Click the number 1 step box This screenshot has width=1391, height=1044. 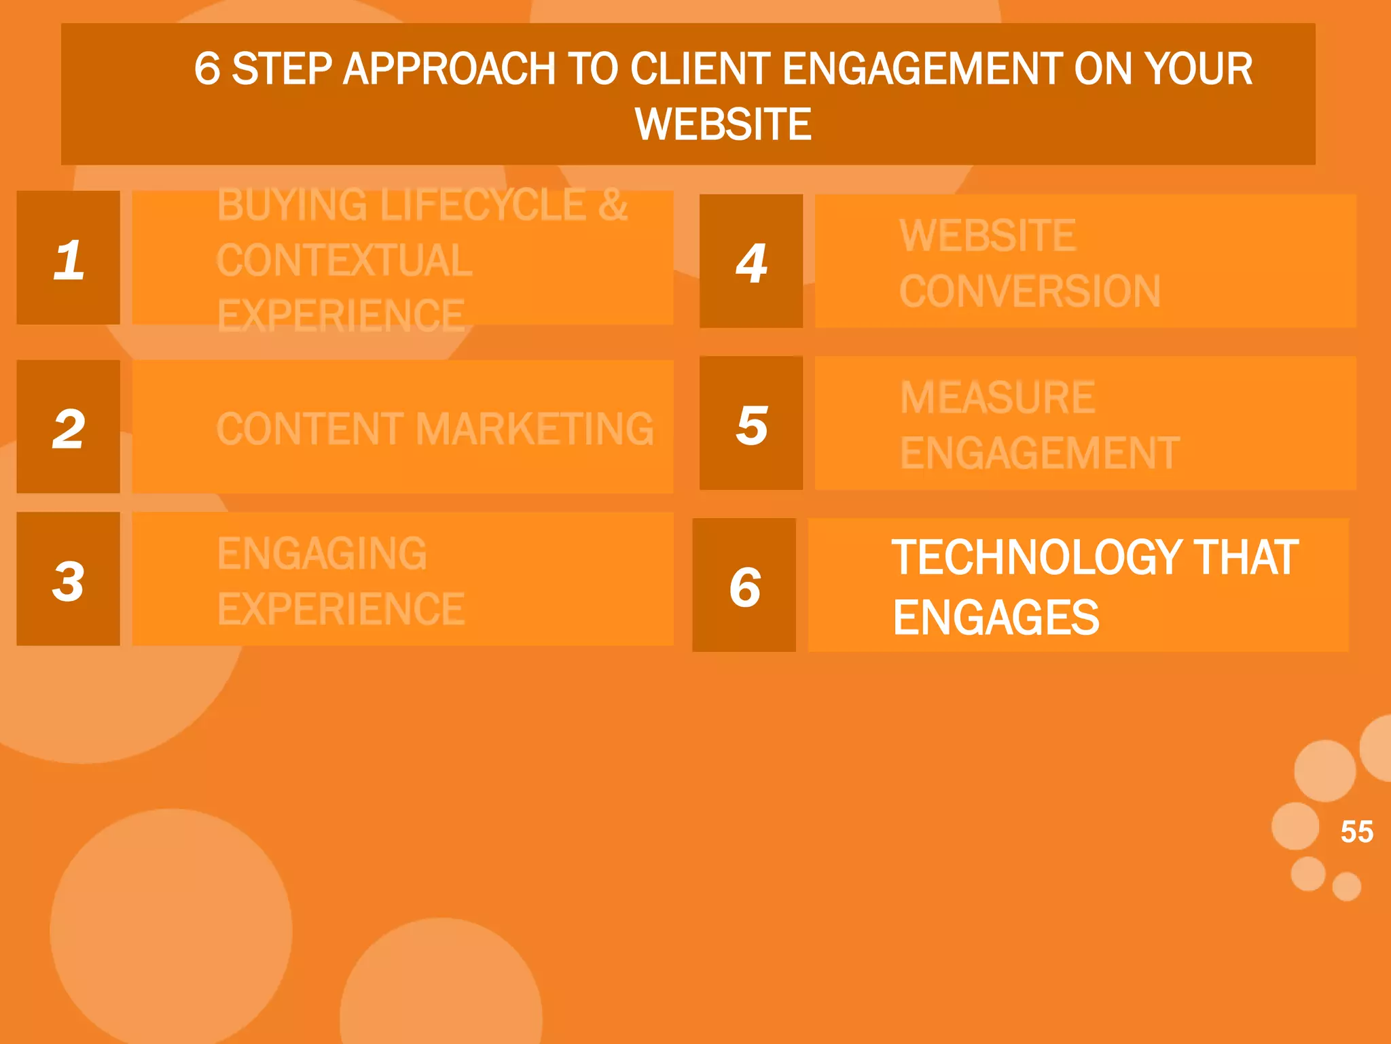click(x=68, y=258)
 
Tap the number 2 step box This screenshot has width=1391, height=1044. click(x=68, y=427)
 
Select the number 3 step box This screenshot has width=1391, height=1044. click(x=68, y=579)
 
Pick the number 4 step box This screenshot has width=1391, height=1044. click(x=751, y=262)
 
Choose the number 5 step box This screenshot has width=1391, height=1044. click(x=751, y=423)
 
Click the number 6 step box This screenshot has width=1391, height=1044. click(x=744, y=585)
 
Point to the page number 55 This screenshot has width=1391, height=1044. click(x=1356, y=832)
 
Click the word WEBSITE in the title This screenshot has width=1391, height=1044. click(x=723, y=124)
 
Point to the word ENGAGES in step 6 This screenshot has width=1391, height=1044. click(x=996, y=618)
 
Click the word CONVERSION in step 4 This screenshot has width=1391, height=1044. click(x=1030, y=292)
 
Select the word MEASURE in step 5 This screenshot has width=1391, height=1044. click(x=997, y=398)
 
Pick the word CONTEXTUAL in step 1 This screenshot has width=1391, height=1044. click(x=344, y=260)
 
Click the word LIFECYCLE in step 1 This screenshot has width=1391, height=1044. click(x=483, y=205)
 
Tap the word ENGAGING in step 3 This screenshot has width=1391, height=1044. click(x=322, y=553)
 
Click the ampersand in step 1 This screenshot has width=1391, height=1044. click(x=613, y=205)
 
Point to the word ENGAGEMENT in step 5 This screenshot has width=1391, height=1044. click(x=1040, y=453)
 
